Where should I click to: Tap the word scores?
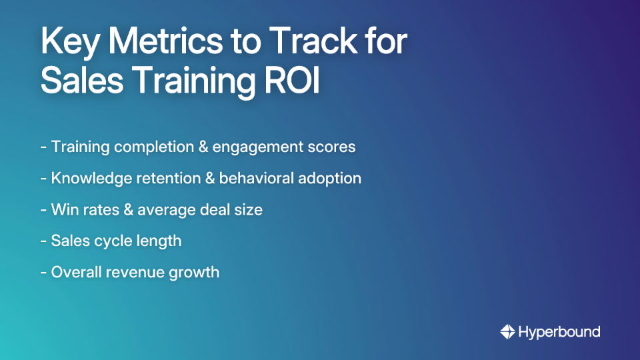click(332, 147)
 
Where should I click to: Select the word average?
click(166, 210)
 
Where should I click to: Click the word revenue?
click(137, 272)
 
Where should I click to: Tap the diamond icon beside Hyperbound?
click(507, 331)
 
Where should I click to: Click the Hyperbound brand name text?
click(559, 331)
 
